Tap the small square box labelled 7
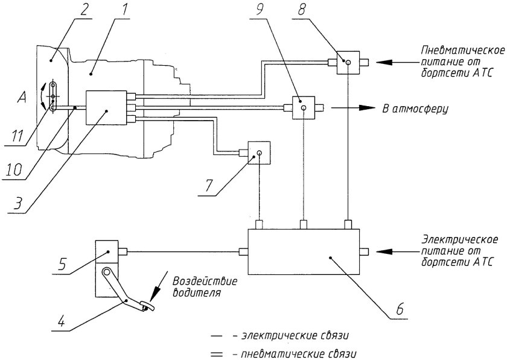(258, 153)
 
